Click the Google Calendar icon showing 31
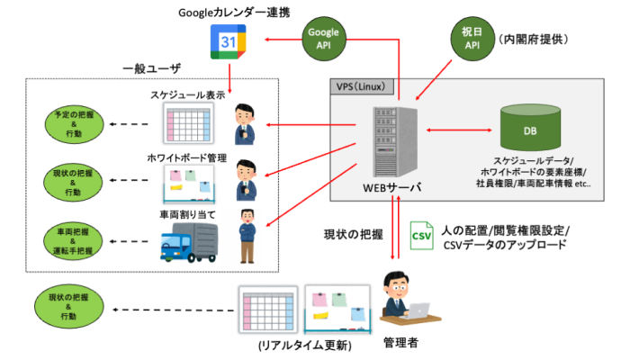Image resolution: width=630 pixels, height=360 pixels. click(229, 41)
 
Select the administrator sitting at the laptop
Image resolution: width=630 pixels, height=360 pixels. click(407, 301)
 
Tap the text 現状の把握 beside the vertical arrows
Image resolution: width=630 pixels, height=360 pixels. click(353, 234)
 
